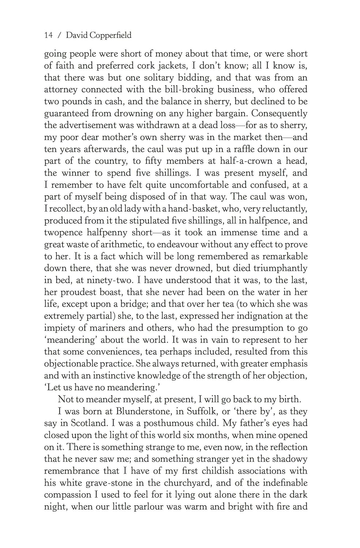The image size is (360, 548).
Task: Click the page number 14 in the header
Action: pyautogui.click(x=49, y=35)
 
